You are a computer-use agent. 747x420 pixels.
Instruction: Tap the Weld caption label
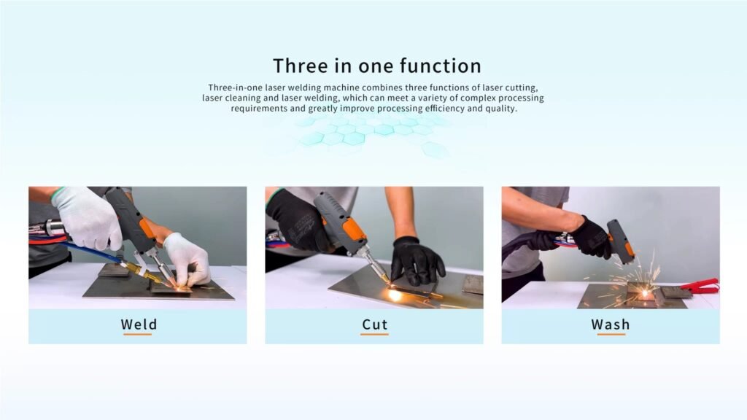139,324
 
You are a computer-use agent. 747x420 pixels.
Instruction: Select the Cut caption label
374,324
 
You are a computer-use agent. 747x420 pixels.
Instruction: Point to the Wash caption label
611,324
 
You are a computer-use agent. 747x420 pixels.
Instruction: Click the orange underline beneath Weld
137,334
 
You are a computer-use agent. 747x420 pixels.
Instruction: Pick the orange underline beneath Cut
374,334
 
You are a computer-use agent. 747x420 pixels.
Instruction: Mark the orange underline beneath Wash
611,334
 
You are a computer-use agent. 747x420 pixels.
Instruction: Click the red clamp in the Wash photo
700,286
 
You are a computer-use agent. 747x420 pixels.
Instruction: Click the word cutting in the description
522,87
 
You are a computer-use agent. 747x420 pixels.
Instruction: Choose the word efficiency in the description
444,109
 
